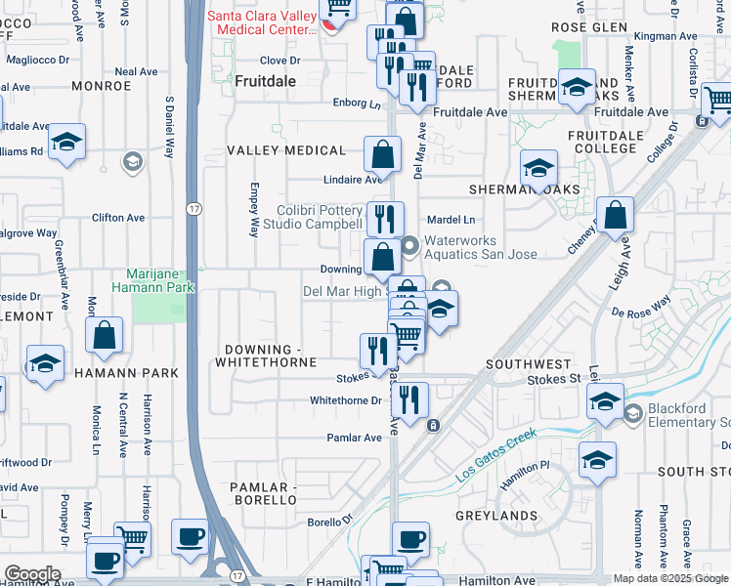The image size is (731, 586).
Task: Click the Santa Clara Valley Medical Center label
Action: (262, 22)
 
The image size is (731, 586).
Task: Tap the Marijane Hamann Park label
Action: (160, 280)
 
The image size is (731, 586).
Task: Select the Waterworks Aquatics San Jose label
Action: (466, 247)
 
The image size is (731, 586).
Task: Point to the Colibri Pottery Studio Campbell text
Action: (306, 217)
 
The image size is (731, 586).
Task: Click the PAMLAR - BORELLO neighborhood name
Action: (262, 493)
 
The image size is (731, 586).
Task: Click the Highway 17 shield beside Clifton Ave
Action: (193, 208)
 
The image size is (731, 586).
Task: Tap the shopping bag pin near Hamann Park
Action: (105, 336)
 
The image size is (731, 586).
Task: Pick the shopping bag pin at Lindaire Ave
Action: (382, 154)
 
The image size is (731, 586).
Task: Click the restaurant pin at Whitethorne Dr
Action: (408, 398)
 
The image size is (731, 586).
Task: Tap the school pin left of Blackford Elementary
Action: (605, 401)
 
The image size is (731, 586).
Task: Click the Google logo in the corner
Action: (31, 574)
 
